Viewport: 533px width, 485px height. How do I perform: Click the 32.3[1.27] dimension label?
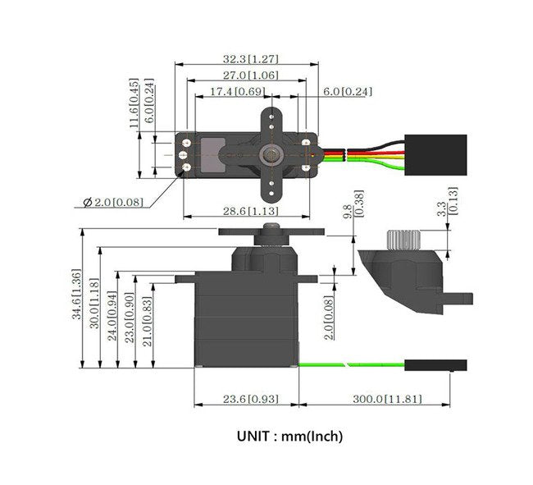[x=251, y=59]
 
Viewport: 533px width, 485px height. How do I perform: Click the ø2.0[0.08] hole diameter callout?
[x=113, y=202]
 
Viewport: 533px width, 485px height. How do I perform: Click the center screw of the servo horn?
[x=270, y=154]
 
